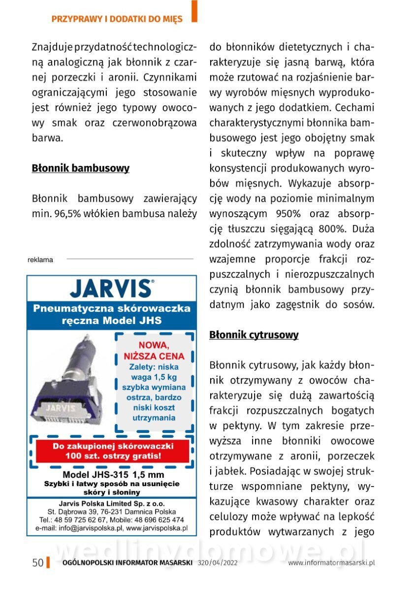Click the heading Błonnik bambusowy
(80, 168)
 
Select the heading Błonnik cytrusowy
(254, 335)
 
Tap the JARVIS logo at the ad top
(111, 288)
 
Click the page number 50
(38, 563)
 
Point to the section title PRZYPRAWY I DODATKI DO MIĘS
(117, 19)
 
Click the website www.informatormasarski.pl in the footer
(331, 563)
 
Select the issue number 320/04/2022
(217, 563)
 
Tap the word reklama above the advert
(40, 260)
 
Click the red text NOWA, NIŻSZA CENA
(154, 350)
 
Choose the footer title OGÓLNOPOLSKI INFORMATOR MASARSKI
(127, 563)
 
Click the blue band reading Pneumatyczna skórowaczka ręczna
(112, 315)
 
